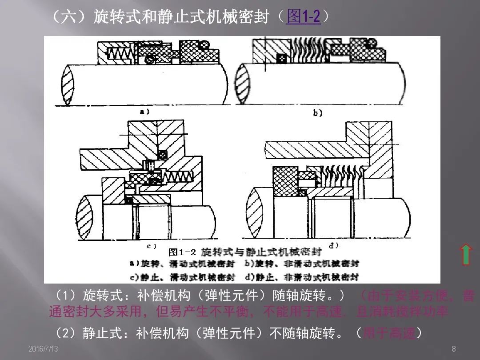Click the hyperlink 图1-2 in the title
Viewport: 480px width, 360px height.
click(x=304, y=17)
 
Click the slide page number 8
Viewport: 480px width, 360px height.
click(x=453, y=349)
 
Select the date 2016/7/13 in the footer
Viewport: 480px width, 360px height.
click(x=43, y=349)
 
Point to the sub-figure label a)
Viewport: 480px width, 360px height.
click(x=145, y=112)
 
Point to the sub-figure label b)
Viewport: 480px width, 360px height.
click(x=317, y=113)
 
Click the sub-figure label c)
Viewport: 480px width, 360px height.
click(x=152, y=245)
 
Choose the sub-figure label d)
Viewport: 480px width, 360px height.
click(x=334, y=245)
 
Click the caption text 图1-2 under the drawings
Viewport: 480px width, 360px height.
click(x=182, y=252)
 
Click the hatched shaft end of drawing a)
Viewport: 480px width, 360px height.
click(x=66, y=85)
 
